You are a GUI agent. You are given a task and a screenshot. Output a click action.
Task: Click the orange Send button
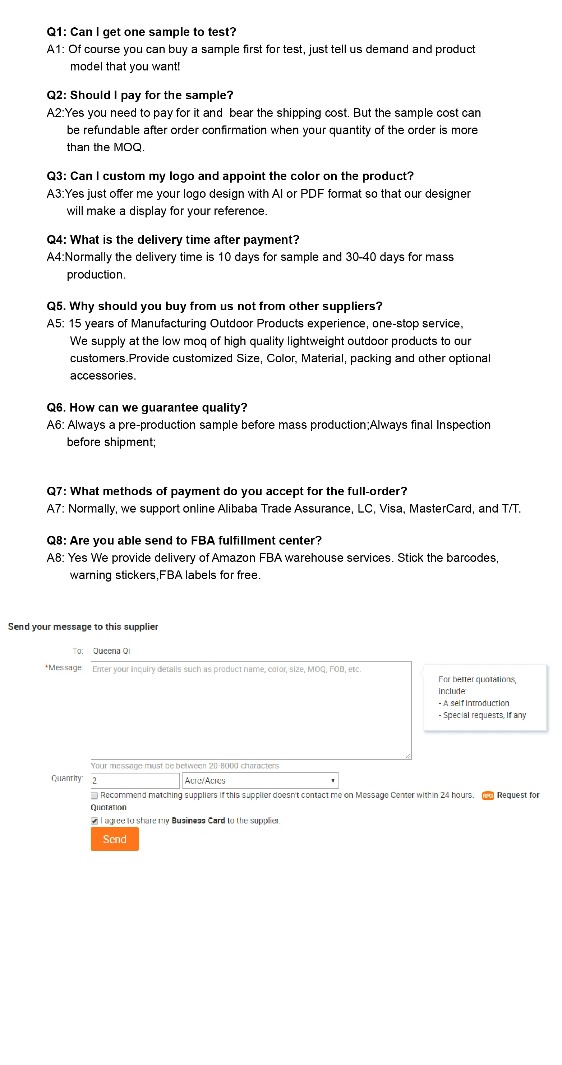115,839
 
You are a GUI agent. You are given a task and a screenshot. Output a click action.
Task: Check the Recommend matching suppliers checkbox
94,795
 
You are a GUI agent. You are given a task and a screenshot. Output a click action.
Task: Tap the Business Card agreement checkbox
94,821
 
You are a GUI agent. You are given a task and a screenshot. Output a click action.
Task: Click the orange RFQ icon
488,795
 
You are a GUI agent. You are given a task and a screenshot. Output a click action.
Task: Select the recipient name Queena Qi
111,651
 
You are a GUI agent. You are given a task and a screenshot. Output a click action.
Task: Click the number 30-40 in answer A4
361,257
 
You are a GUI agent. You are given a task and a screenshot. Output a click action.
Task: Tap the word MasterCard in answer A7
440,508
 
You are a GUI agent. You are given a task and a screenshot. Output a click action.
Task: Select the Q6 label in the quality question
56,407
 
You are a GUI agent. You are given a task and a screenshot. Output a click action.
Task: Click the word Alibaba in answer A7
238,508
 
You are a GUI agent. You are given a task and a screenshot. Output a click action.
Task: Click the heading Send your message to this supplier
83,626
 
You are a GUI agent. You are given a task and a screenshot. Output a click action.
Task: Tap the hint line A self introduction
475,703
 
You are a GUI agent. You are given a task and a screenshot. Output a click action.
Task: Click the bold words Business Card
198,821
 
